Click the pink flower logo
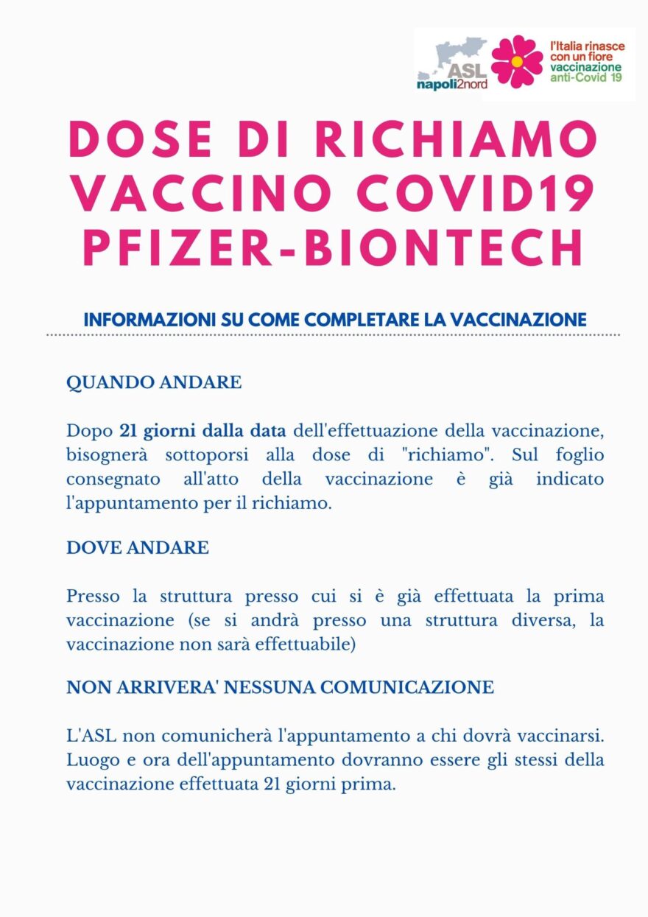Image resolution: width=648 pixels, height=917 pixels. click(x=516, y=61)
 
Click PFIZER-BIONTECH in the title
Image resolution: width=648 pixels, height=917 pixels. click(x=334, y=248)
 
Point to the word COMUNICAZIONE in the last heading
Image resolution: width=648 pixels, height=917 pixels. click(x=412, y=687)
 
